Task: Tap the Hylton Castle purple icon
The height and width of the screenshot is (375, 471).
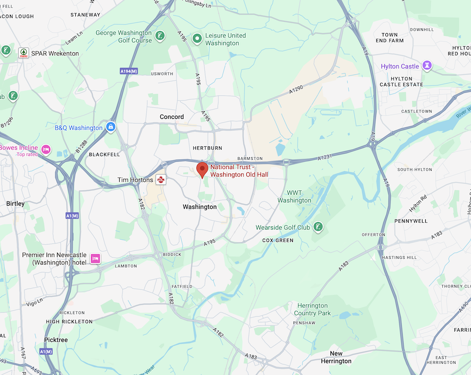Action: pyautogui.click(x=427, y=66)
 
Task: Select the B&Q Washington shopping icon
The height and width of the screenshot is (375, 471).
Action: pyautogui.click(x=111, y=127)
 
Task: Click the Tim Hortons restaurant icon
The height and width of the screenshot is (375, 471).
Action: pyautogui.click(x=161, y=180)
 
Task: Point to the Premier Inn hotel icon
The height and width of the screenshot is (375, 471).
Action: pyautogui.click(x=96, y=258)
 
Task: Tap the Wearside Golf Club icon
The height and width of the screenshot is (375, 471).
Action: pyautogui.click(x=318, y=227)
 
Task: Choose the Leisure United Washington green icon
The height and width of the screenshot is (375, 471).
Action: pyautogui.click(x=197, y=38)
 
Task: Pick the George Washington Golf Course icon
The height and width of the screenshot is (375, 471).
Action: pyautogui.click(x=161, y=36)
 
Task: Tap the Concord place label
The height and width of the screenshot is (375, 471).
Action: pyautogui.click(x=172, y=117)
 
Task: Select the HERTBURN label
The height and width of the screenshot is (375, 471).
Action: pyautogui.click(x=207, y=148)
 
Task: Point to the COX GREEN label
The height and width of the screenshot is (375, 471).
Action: pyautogui.click(x=278, y=241)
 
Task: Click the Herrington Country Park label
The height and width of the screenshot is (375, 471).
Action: pyautogui.click(x=312, y=309)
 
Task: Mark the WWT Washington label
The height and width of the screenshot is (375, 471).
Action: pyautogui.click(x=294, y=197)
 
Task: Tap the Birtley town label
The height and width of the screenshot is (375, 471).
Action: pyautogui.click(x=16, y=204)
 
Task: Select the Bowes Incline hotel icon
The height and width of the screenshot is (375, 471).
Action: pyautogui.click(x=46, y=149)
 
